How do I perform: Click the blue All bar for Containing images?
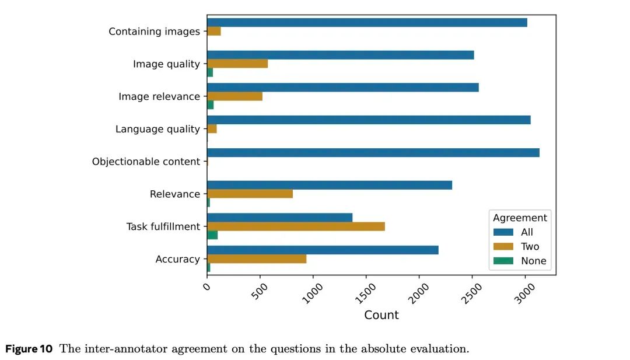(x=367, y=23)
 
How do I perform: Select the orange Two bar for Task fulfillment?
(x=296, y=226)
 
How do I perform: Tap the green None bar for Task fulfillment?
(x=212, y=235)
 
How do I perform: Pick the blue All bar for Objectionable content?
(x=373, y=153)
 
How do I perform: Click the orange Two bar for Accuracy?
(x=257, y=259)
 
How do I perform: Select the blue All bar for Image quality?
(x=340, y=55)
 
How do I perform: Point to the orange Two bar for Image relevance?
(x=235, y=96)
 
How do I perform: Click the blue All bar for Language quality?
(x=369, y=120)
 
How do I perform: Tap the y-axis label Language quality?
(x=157, y=129)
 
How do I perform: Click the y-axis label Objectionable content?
(x=146, y=162)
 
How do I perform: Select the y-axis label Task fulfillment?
(x=163, y=226)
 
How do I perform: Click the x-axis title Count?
(x=381, y=315)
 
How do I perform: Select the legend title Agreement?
(x=520, y=218)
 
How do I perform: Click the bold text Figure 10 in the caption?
(x=29, y=349)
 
